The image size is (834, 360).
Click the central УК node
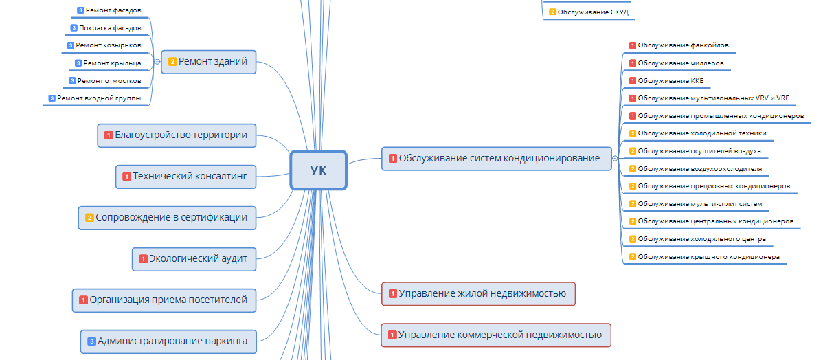[318, 170]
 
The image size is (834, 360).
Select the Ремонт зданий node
[208, 62]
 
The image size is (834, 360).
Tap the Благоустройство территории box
[177, 135]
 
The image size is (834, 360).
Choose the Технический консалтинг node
[186, 177]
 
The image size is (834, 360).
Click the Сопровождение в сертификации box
[167, 218]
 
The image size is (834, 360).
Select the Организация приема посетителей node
[164, 300]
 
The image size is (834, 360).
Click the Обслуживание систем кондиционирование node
[495, 159]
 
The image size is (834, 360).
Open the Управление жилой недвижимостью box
[478, 294]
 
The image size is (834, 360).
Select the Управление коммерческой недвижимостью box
[495, 335]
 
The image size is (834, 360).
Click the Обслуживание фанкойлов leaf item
[683, 45]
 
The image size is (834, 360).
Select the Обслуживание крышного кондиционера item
[708, 258]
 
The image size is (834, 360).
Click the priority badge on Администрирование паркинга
[91, 341]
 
